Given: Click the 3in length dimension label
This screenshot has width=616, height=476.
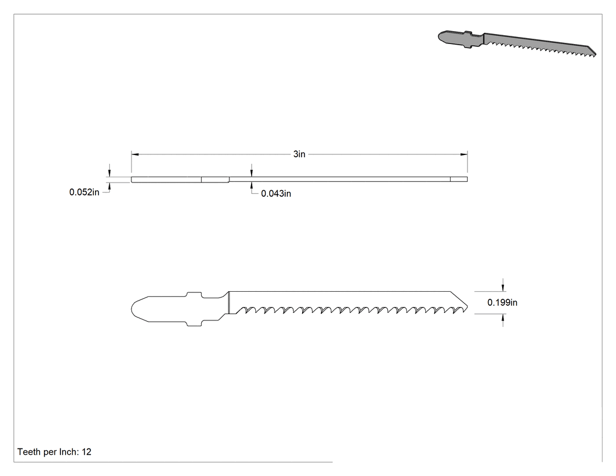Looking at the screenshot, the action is pos(299,154).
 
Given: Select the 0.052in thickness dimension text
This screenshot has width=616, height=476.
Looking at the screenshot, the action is pos(84,192).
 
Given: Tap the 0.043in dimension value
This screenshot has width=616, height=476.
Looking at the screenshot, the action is pos(276,193).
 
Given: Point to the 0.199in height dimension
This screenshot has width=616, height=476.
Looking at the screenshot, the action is pos(502,302).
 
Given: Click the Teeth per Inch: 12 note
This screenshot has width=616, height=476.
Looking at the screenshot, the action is pos(54,452).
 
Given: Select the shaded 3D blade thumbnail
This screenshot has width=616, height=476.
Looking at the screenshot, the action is pos(517,43).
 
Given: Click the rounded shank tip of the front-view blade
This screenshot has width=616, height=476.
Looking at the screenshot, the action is pos(133,309).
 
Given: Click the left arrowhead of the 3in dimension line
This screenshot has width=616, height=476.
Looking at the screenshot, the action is pos(135,154).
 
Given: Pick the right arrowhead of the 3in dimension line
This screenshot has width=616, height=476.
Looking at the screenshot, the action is pos(463,154).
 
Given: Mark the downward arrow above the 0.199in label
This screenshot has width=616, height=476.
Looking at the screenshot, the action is pos(503,288).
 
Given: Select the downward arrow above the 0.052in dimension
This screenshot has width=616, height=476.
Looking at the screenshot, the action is pos(110,173).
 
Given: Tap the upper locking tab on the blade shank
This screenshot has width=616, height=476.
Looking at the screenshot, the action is pos(194,294).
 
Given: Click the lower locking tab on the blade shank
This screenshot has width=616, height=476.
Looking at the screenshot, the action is pos(194,323).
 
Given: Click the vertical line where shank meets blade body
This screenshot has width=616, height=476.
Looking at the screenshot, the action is pos(229,303).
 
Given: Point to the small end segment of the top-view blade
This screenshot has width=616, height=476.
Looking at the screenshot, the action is pos(459,180).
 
